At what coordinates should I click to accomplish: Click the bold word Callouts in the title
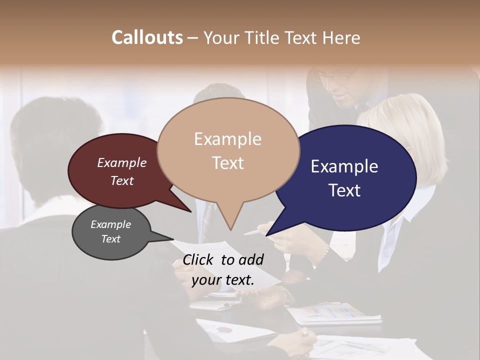tap(147, 37)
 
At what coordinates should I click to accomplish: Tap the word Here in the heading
tap(341, 37)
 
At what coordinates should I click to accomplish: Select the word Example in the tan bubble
tap(227, 139)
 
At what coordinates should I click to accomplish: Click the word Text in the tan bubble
tap(227, 163)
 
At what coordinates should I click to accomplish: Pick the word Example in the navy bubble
tap(344, 166)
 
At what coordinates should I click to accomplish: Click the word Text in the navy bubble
tap(344, 190)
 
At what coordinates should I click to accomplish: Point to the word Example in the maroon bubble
tap(122, 162)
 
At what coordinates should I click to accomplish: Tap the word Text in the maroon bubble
tap(122, 180)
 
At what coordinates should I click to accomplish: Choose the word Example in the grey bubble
tap(110, 224)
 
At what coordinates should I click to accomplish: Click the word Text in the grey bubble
tap(110, 239)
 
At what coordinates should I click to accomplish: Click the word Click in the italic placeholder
tap(198, 259)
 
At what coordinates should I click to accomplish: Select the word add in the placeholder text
tap(251, 259)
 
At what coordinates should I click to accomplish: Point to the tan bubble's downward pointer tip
tap(230, 230)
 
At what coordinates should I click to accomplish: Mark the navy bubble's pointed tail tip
tap(266, 235)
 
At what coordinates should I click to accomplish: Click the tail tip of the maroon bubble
tap(191, 212)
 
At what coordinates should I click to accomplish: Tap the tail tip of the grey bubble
tap(173, 239)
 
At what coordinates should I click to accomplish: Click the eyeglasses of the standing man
tap(332, 77)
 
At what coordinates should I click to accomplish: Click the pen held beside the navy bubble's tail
tap(254, 232)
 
